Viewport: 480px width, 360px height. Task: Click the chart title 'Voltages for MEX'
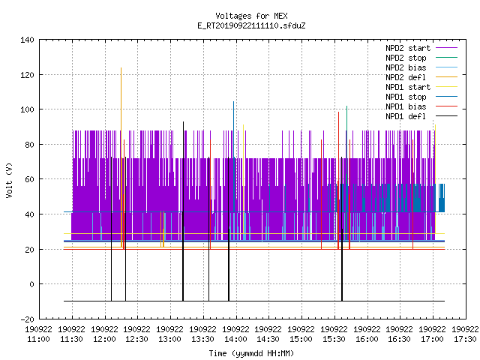[x=251, y=16]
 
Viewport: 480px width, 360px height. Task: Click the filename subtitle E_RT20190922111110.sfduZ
[x=251, y=25]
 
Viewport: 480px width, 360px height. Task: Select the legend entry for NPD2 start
[x=421, y=48]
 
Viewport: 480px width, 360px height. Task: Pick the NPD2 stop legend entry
[x=421, y=58]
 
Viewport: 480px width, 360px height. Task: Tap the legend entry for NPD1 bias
[x=421, y=106]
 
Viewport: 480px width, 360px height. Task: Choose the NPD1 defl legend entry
[x=421, y=116]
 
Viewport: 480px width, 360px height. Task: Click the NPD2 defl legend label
[x=406, y=77]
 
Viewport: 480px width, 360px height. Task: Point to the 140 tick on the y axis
[x=27, y=40]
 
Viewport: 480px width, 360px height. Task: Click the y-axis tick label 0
[x=31, y=284]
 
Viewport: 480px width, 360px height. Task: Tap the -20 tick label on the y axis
[x=27, y=319]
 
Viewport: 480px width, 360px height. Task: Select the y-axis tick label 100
[x=27, y=109]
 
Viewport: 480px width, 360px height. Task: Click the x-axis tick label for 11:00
[x=38, y=334]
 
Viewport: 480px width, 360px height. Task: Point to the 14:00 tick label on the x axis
[x=235, y=334]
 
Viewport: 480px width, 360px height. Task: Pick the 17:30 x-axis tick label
[x=465, y=334]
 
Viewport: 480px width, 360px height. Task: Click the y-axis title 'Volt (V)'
[x=9, y=180]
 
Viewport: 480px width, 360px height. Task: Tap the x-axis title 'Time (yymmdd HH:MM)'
[x=251, y=353]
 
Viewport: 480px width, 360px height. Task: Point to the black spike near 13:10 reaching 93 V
[x=183, y=211]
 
